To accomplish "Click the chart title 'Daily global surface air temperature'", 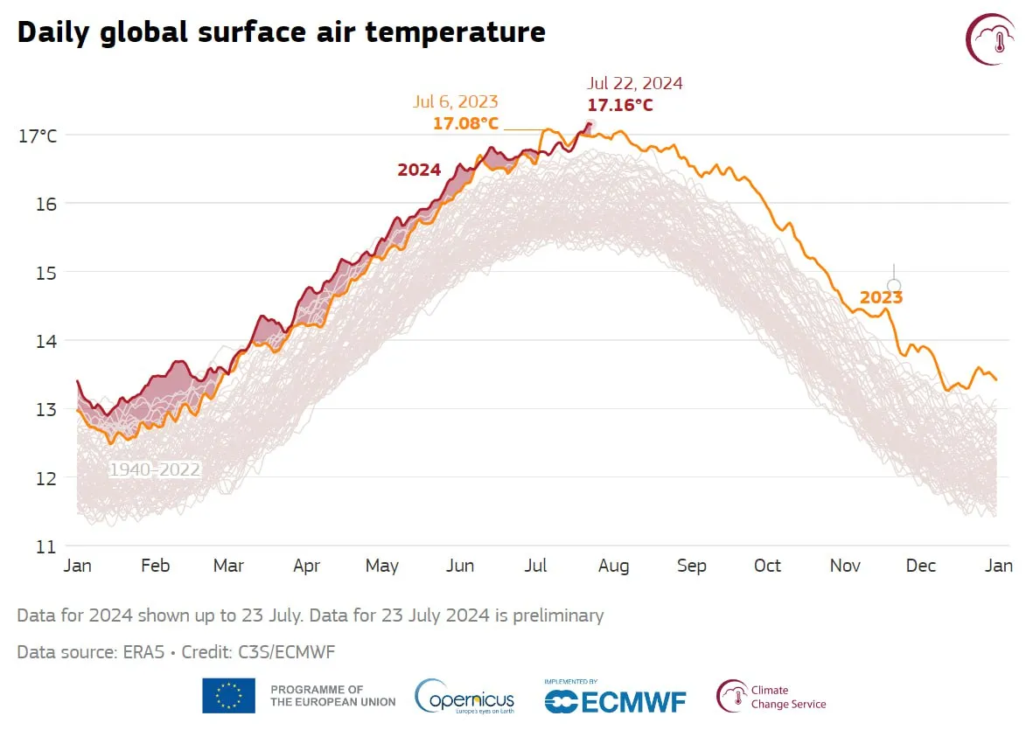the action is coord(282,33).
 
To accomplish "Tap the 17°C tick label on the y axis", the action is coord(38,136).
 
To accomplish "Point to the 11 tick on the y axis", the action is coord(45,546).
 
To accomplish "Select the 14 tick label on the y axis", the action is coord(45,341).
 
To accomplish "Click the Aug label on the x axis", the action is coord(613,567).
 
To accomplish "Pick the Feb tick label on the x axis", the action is coord(156,566).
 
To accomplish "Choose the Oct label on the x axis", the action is coord(767,566).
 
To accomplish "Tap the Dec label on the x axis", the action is coord(920,566).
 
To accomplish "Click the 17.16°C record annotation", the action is coord(620,105).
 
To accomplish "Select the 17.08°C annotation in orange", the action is coord(466,124).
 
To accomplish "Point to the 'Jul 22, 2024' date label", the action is coord(635,83).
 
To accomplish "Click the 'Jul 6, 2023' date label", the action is coord(455,101).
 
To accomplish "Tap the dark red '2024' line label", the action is coord(419,170).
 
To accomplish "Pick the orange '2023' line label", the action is coord(881,297).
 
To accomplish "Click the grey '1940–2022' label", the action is coord(155,469).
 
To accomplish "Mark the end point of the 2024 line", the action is coord(590,124).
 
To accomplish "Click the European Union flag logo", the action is coord(228,696).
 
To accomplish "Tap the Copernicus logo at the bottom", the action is coord(464,697).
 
